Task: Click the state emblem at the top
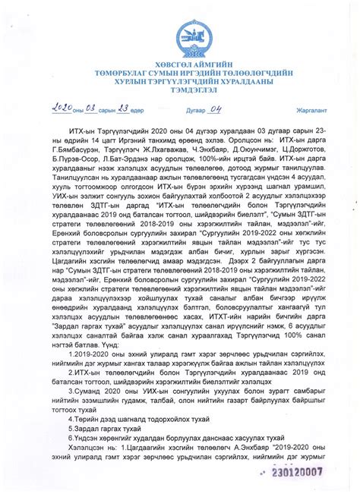(x=181, y=34)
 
